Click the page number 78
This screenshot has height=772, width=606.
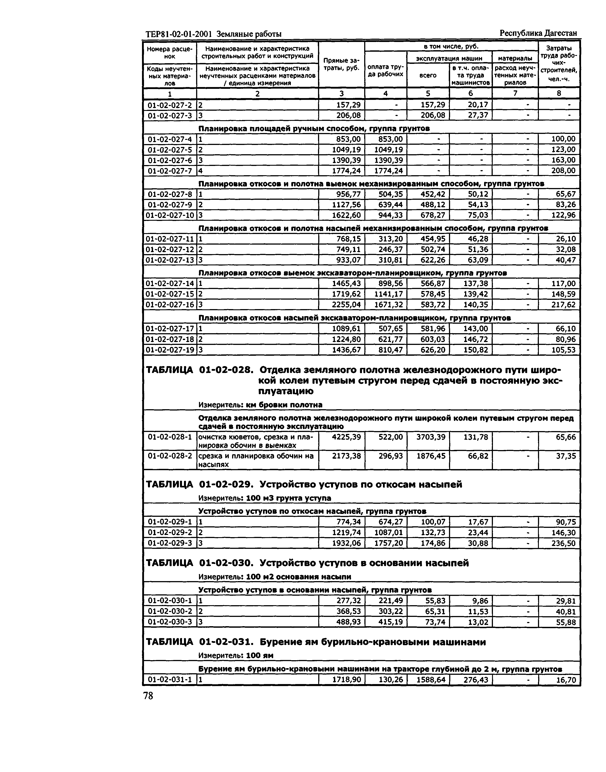tap(148, 696)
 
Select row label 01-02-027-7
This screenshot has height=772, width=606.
tap(170, 171)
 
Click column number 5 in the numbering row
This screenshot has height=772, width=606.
tap(428, 93)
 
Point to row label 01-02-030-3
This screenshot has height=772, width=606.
tap(170, 622)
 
